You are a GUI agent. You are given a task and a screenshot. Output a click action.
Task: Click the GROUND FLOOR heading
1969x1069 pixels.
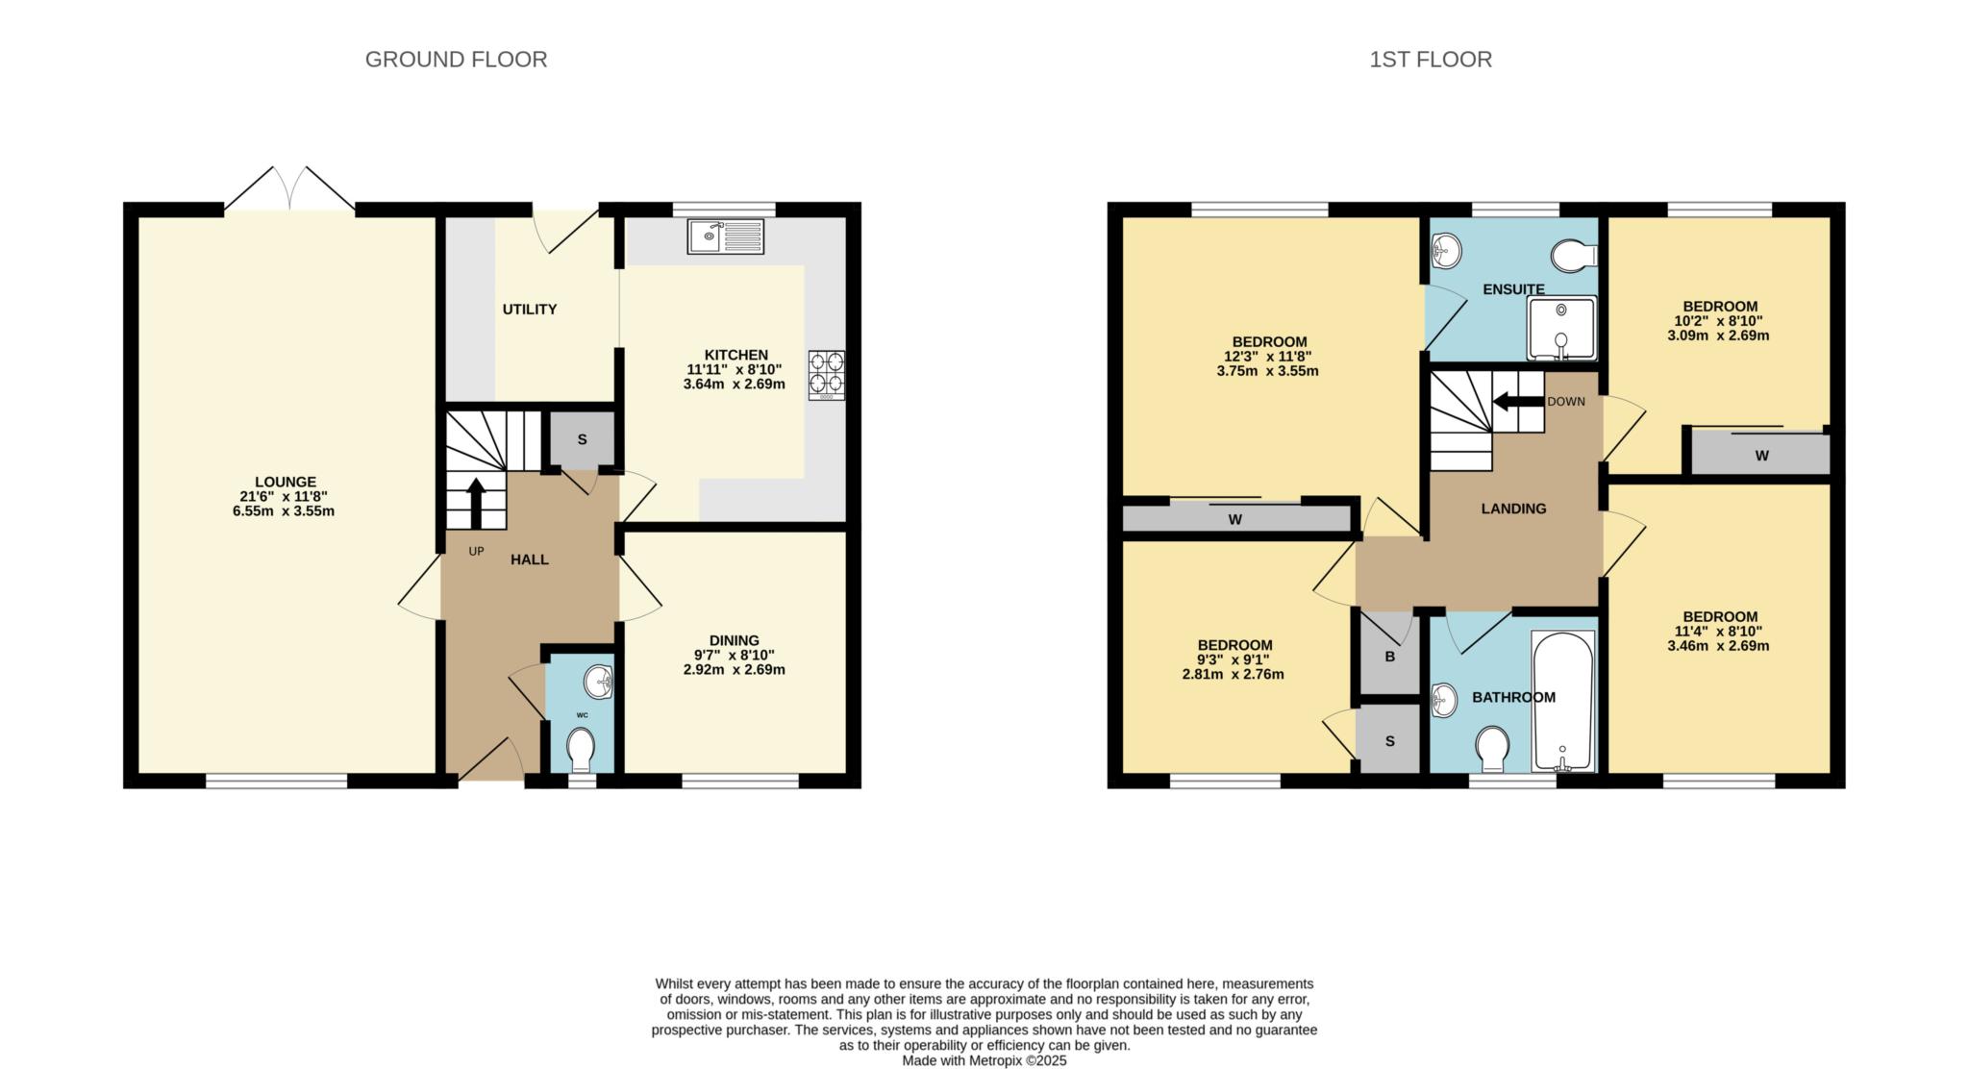point(456,60)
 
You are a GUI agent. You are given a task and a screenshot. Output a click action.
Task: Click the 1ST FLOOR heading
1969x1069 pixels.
point(1431,60)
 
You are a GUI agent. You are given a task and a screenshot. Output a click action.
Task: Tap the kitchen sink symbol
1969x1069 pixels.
point(726,236)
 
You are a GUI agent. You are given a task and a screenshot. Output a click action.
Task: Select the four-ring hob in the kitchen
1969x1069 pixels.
point(827,375)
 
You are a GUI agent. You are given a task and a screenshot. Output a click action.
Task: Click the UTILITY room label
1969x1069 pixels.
point(530,310)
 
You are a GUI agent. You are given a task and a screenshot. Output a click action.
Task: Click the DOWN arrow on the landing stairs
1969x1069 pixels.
point(1517,402)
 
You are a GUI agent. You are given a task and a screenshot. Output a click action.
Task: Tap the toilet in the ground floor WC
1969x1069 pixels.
point(581,748)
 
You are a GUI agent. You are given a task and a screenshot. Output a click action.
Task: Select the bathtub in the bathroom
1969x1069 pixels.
point(1563,702)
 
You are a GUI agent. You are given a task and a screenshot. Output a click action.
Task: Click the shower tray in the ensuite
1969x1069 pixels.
point(1561,328)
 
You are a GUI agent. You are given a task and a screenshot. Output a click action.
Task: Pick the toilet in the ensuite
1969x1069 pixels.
point(1574,256)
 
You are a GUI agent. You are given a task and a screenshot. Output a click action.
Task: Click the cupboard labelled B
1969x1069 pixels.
point(1389,658)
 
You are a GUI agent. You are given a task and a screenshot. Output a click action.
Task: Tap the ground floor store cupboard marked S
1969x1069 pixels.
point(582,440)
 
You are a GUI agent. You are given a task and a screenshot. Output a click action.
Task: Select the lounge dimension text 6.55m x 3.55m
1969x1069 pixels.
point(284,511)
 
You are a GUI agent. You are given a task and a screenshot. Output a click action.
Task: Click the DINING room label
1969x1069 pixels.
point(734,640)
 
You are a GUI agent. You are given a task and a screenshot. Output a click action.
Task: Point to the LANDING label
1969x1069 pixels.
point(1513,509)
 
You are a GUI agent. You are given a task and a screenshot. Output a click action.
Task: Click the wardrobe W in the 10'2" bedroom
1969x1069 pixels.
point(1761,456)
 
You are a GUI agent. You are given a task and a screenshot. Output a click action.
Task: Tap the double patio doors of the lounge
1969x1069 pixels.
point(289,188)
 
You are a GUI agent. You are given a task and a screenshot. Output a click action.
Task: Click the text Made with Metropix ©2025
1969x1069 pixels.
point(984,1061)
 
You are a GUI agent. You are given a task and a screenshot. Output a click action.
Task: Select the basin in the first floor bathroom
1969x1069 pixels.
point(1443,700)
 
